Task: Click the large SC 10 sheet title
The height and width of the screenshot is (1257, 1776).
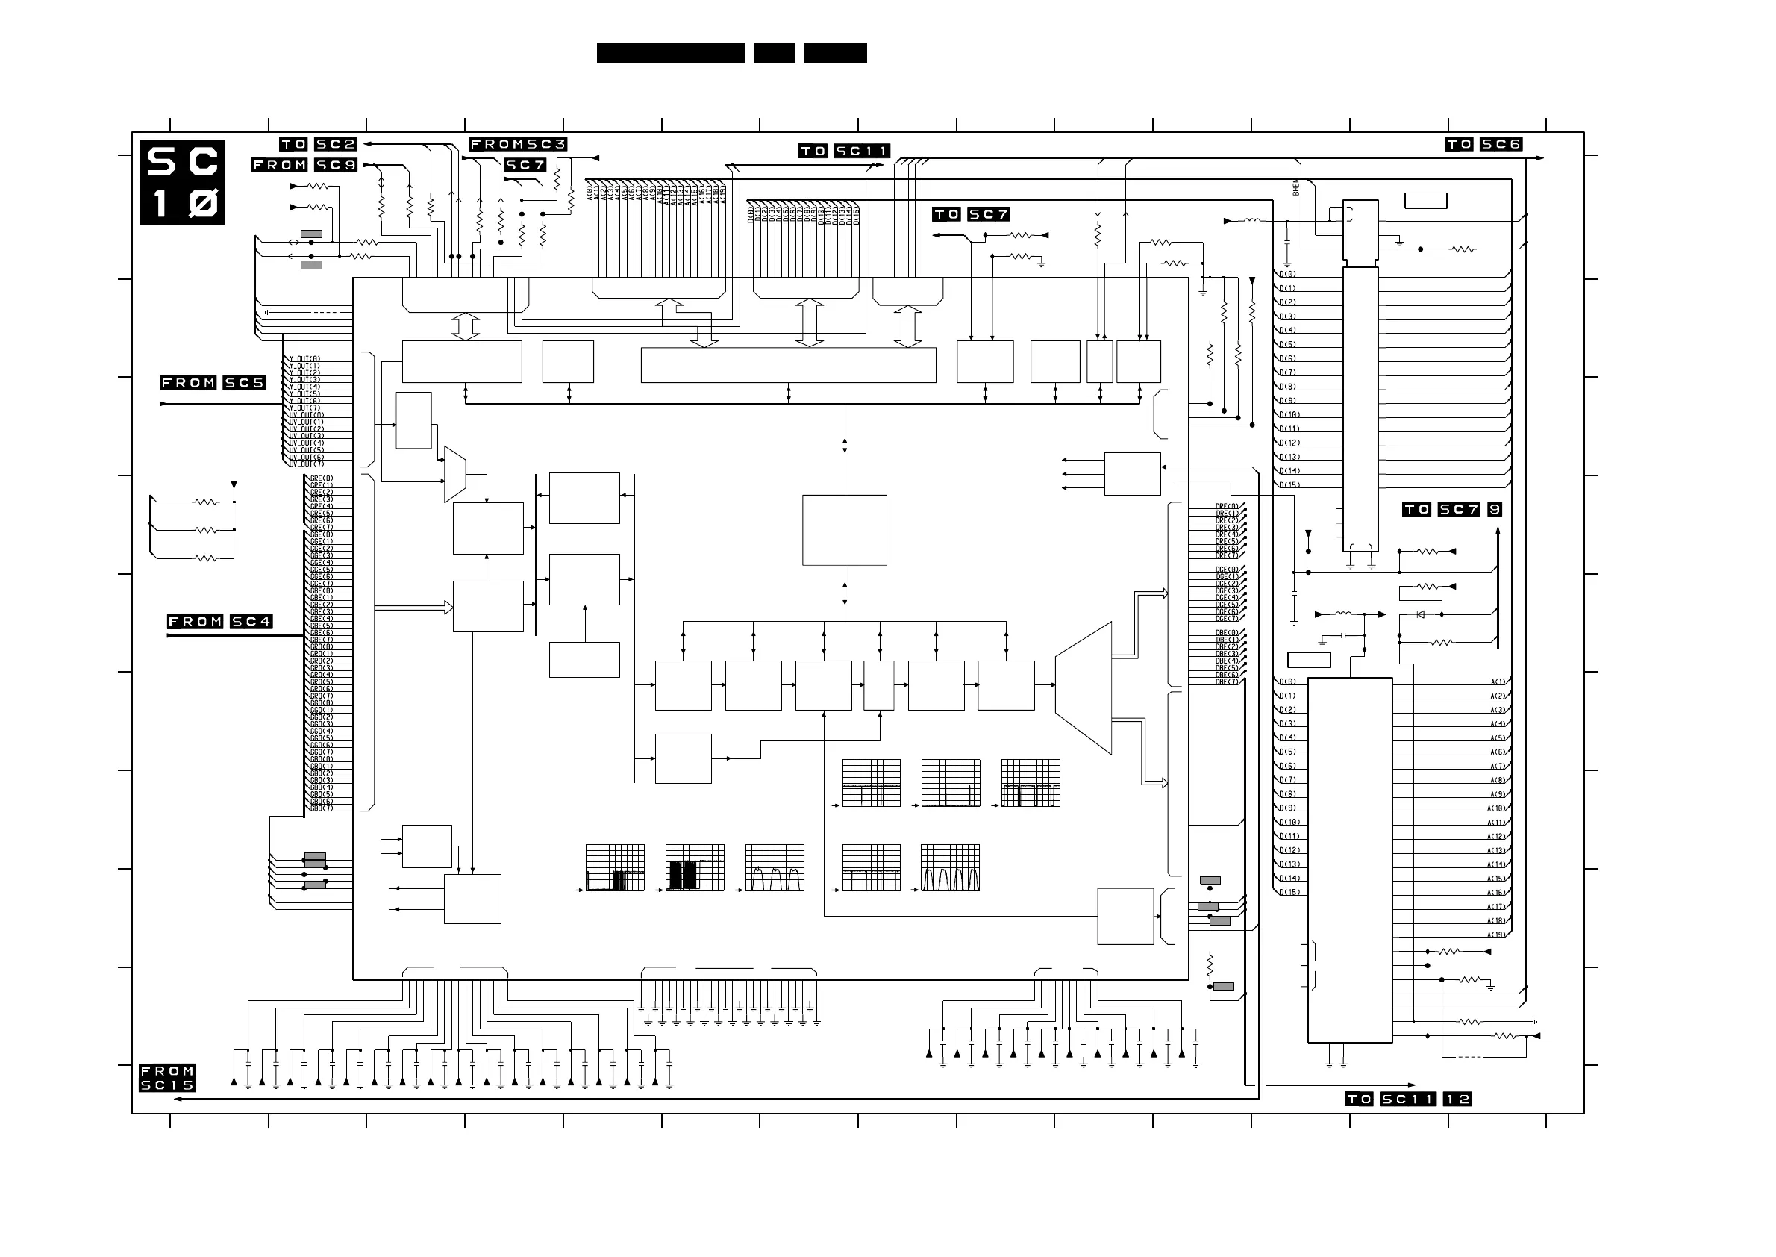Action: tap(182, 182)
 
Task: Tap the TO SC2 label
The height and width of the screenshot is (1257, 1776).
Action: tap(318, 144)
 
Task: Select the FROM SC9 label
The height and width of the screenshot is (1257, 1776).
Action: tap(304, 165)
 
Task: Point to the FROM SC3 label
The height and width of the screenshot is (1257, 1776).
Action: tap(518, 144)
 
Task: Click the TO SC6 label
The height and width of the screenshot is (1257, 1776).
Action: tap(1483, 144)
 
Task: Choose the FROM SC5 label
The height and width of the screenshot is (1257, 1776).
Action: tap(212, 383)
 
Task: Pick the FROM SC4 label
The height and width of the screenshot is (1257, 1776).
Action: tap(220, 622)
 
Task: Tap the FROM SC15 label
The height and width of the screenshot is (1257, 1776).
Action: tap(167, 1078)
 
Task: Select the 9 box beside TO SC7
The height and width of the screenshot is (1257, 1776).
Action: tap(1495, 509)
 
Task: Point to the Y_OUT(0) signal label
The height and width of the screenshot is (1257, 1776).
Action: tap(305, 359)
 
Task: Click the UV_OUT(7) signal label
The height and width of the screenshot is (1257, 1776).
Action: tap(307, 464)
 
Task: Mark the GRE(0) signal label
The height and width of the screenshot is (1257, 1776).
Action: tap(321, 478)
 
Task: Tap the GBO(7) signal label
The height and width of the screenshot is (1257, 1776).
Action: tap(321, 808)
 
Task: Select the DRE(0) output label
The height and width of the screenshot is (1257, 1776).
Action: tap(1227, 507)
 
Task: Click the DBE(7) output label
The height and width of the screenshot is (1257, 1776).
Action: tap(1227, 682)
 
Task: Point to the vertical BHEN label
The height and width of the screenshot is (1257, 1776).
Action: tap(1296, 187)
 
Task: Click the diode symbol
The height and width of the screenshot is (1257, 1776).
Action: tap(1420, 614)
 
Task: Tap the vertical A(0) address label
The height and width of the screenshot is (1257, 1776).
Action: tap(590, 193)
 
